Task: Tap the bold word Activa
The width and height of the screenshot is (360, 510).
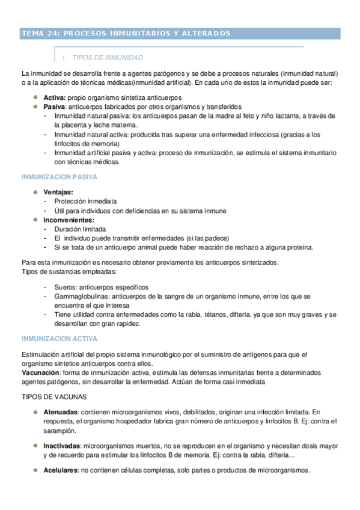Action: click(54, 97)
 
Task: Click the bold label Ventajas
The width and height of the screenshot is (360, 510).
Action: click(59, 192)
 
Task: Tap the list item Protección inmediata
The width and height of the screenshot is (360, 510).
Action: click(85, 201)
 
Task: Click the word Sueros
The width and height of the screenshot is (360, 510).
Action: click(66, 287)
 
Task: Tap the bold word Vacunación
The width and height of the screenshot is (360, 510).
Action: click(40, 372)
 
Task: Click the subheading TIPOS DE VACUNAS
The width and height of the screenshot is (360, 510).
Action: click(54, 396)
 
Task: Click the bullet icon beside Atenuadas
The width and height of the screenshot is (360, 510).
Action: click(36, 412)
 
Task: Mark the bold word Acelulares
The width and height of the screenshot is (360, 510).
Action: click(61, 470)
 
